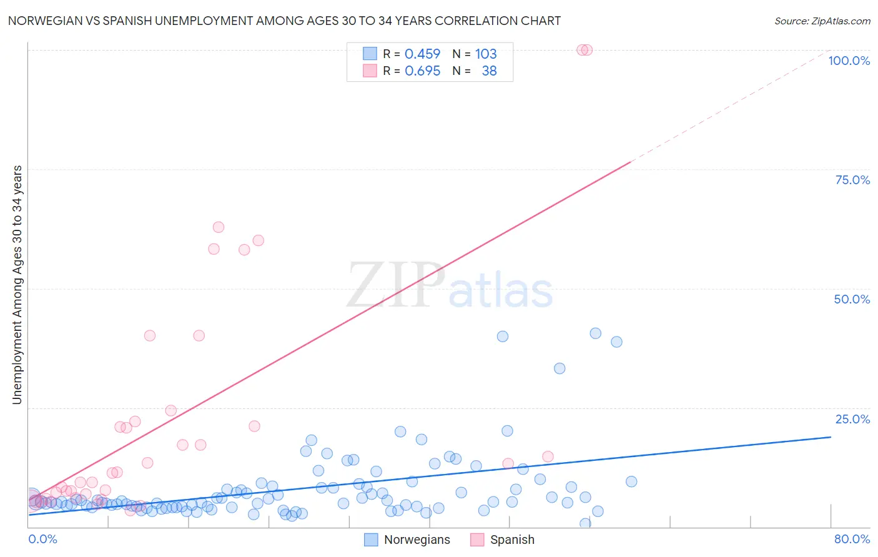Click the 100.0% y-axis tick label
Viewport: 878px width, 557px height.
(x=849, y=61)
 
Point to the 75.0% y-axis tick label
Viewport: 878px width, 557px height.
(x=852, y=180)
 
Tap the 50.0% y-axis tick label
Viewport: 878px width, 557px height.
(x=852, y=299)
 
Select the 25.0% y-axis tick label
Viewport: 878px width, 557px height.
(x=852, y=419)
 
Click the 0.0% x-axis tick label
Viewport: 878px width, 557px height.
(x=42, y=539)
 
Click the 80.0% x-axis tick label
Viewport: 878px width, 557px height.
(x=852, y=539)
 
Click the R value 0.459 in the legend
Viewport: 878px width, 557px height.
(x=422, y=54)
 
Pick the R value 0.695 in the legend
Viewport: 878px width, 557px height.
(x=422, y=71)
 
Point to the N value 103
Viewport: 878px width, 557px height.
(x=486, y=54)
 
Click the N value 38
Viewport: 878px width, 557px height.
(x=489, y=71)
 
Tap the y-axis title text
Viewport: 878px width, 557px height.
(x=17, y=285)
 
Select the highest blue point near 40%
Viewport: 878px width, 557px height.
(x=596, y=333)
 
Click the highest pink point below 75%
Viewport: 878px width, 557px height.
(x=218, y=227)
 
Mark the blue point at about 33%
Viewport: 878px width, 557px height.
(x=560, y=368)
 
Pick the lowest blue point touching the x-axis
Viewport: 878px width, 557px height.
(x=585, y=523)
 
